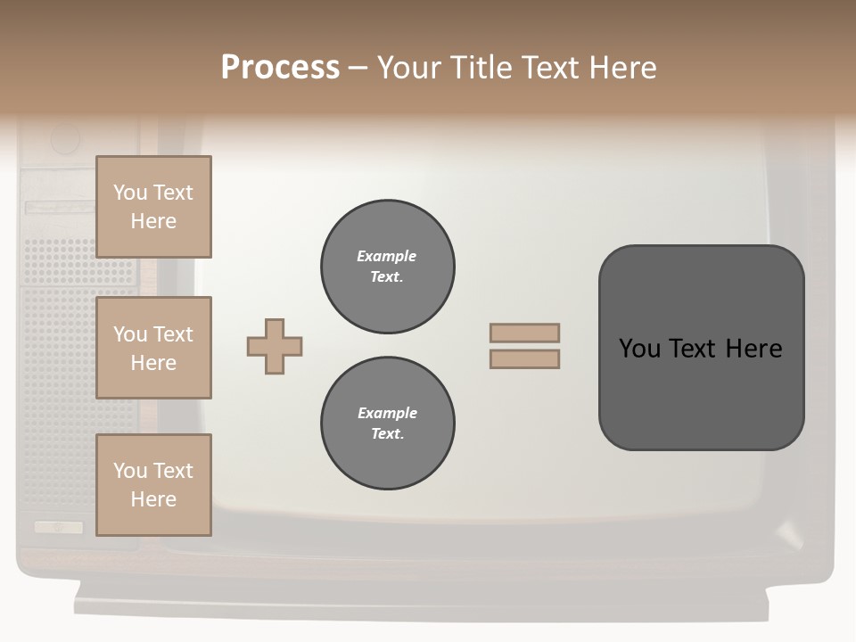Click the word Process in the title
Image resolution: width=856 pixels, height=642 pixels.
[280, 68]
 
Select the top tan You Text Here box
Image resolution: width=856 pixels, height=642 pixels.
[153, 207]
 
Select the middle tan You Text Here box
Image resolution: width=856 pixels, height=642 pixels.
[153, 348]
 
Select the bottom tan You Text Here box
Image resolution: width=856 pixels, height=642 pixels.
[153, 485]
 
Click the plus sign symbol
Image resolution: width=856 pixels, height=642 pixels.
[275, 347]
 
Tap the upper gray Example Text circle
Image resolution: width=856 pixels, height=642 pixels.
[387, 267]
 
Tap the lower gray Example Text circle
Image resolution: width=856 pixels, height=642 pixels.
[387, 424]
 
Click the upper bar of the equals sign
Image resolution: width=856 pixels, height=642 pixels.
[524, 333]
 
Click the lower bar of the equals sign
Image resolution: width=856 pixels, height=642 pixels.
[524, 358]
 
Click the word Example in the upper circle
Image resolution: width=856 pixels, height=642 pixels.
[387, 256]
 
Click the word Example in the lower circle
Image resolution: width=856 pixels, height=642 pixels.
[387, 413]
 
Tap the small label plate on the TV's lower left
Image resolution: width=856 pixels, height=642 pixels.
[59, 527]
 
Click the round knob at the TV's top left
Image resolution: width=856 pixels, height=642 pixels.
[65, 139]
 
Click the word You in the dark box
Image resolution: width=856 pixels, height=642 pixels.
[639, 349]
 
